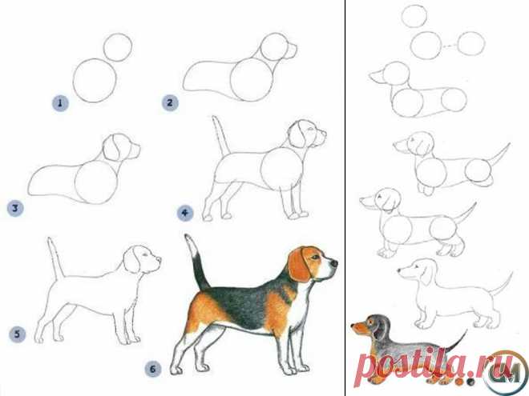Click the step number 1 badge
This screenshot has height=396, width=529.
[x=60, y=103]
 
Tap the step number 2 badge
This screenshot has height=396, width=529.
[x=170, y=102]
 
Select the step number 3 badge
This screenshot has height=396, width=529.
[x=15, y=208]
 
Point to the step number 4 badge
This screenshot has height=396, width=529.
[x=185, y=213]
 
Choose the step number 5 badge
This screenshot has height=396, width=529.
[x=17, y=334]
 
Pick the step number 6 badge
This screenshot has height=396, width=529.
[x=153, y=369]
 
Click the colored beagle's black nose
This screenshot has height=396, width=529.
[x=334, y=262]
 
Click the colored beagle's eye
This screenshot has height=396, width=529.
[x=315, y=258]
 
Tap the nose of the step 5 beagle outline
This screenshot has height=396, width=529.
[x=159, y=260]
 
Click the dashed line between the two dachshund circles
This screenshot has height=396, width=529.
[x=450, y=45]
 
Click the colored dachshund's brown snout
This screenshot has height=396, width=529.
[x=359, y=327]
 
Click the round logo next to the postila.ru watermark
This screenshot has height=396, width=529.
[x=505, y=371]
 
